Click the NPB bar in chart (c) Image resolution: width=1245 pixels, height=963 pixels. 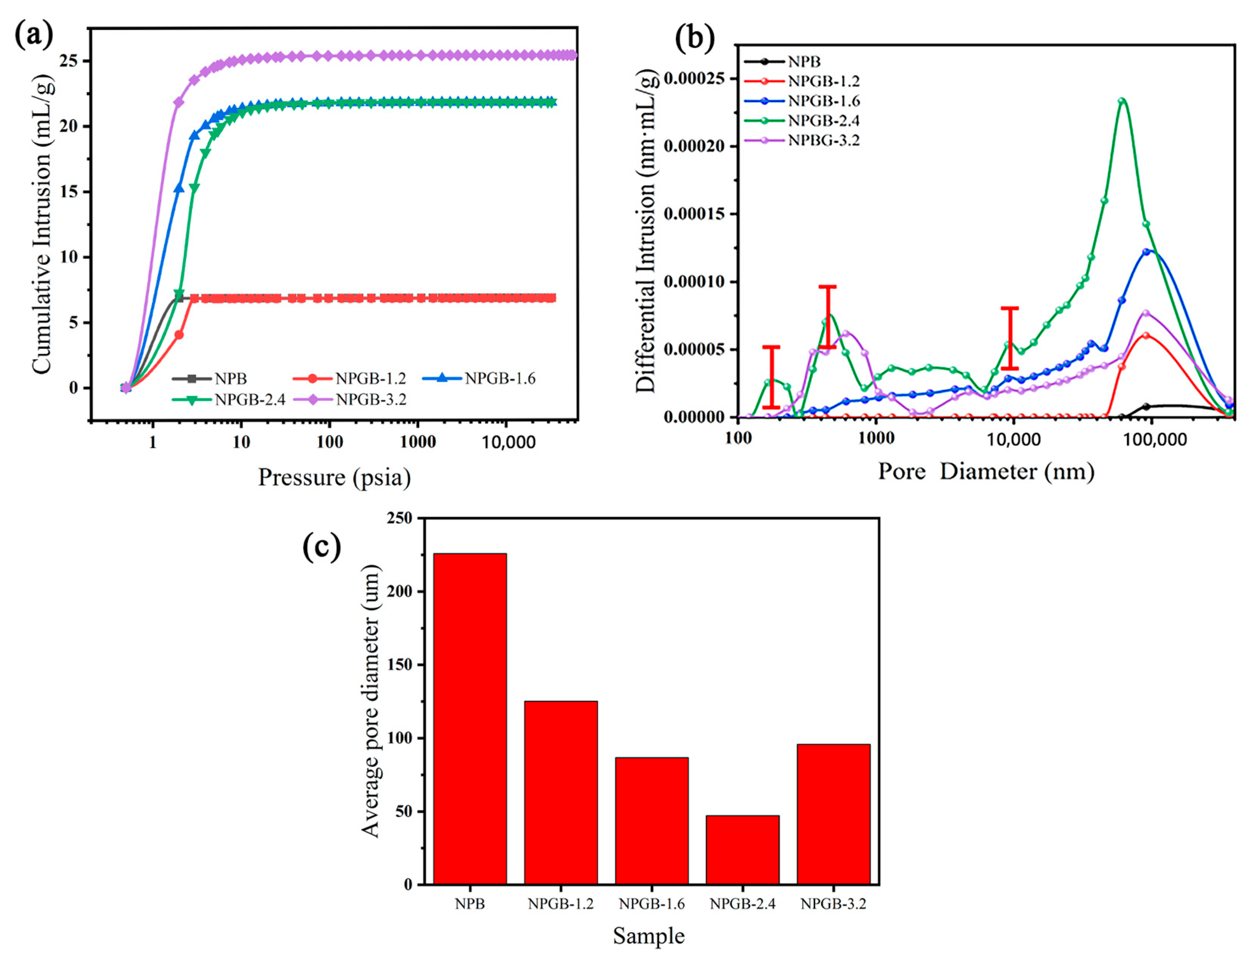(470, 719)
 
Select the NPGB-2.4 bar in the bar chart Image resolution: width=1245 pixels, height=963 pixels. (742, 849)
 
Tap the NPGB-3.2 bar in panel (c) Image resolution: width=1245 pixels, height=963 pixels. (833, 814)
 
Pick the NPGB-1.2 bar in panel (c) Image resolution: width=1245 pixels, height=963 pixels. (561, 792)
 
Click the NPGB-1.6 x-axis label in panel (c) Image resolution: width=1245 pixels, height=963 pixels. (652, 904)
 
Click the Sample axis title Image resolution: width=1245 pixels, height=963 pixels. (649, 936)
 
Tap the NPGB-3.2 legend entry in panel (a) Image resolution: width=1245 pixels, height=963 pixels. (370, 400)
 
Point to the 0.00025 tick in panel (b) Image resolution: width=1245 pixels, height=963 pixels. (693, 78)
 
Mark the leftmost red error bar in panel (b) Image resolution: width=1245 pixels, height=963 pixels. (771, 377)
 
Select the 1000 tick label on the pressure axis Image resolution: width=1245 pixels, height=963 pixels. (418, 442)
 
